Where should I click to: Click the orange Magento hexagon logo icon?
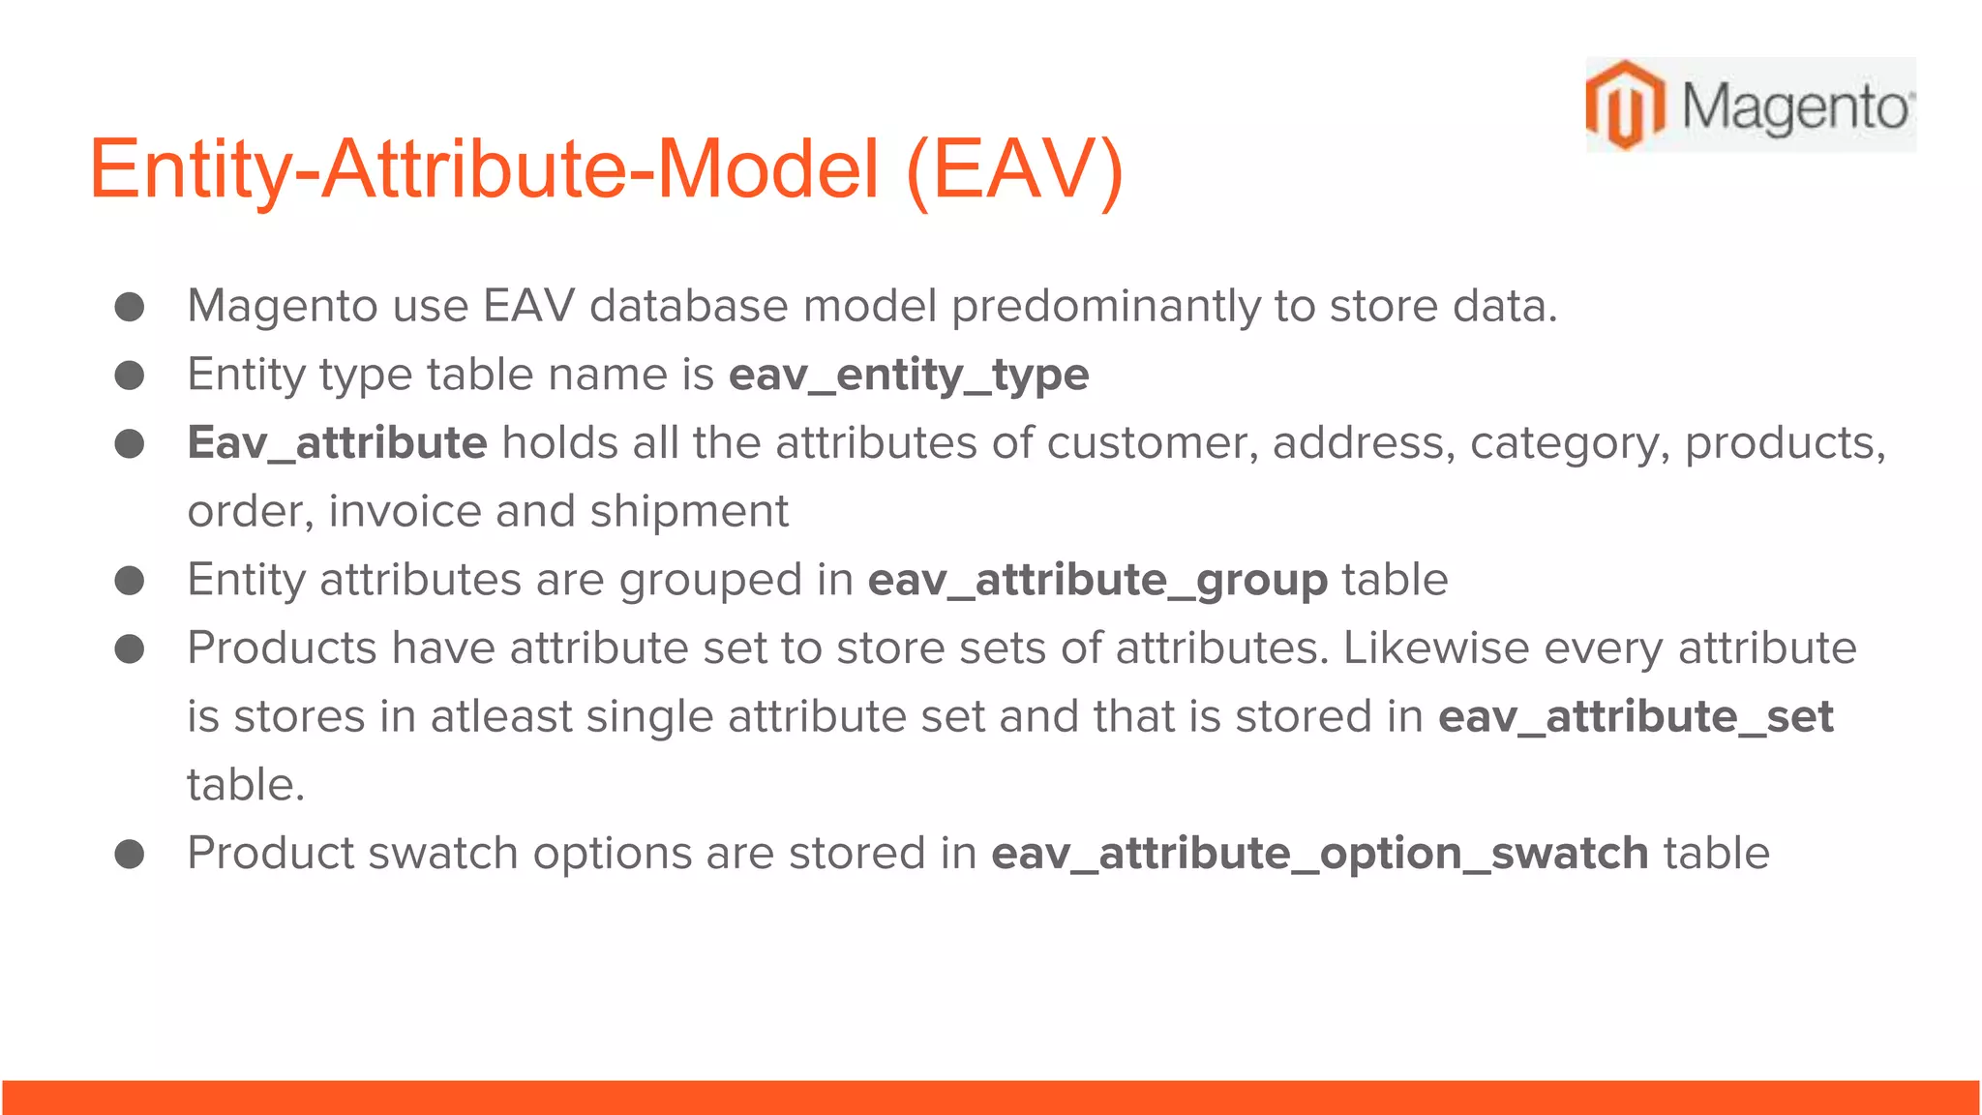(x=1625, y=105)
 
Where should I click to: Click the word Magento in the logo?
(x=1795, y=106)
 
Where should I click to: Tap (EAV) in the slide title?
(x=1014, y=168)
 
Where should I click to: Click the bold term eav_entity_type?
(x=908, y=375)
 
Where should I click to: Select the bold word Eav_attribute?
(x=337, y=443)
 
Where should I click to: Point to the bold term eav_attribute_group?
(x=1096, y=580)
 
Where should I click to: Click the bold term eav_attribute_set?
(x=1635, y=717)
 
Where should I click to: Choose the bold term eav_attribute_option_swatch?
(x=1319, y=854)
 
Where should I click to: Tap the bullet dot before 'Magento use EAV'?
(x=130, y=307)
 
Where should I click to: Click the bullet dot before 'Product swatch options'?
(x=130, y=854)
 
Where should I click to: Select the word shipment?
(x=689, y=511)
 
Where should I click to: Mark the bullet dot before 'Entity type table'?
(x=130, y=375)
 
